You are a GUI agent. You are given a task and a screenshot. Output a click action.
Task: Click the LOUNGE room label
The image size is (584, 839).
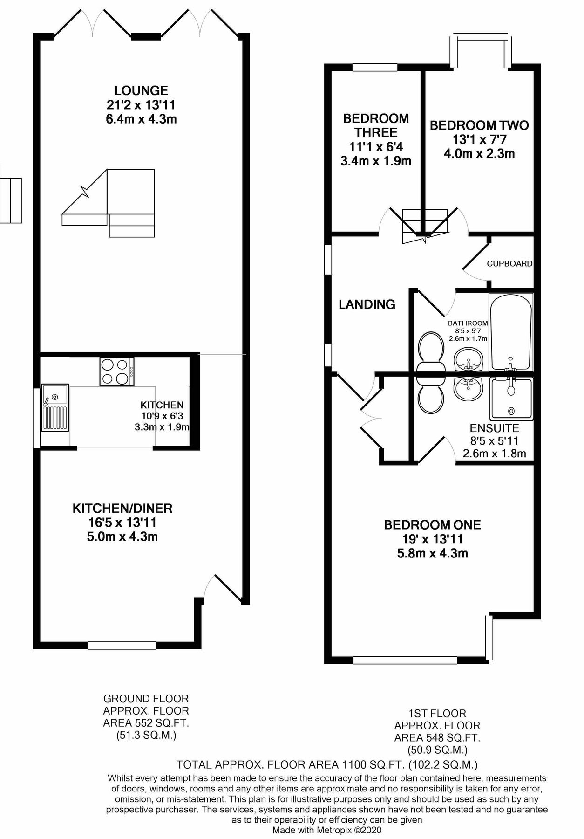pos(141,90)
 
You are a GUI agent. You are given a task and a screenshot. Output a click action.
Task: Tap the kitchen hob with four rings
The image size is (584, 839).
pos(116,371)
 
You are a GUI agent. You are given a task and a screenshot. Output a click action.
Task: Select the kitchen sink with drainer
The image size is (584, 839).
pos(55,407)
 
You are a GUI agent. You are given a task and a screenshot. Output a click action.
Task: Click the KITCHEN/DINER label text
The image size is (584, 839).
pos(122,508)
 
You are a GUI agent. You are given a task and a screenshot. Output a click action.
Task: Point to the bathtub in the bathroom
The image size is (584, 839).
pos(510,331)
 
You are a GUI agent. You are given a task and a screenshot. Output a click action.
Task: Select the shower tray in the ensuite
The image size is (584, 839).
pos(511,399)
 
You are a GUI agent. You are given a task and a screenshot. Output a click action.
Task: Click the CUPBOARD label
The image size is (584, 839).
pos(509,263)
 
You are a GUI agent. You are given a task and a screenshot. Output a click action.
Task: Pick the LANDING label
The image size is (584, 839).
pos(367,304)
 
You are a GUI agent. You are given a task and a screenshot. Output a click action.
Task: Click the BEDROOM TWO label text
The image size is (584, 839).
pos(479,125)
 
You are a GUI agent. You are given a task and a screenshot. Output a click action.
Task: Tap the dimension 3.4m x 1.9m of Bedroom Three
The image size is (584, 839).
pos(376,161)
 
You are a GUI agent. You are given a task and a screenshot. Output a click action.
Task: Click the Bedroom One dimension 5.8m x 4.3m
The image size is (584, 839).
pos(432,553)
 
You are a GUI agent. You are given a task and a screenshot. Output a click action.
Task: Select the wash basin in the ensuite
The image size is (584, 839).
pos(469,388)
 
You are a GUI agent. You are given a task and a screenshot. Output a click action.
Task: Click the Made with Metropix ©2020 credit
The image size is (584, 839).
pos(327,830)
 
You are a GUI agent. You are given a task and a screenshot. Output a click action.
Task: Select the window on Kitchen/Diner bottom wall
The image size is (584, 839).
pos(122,645)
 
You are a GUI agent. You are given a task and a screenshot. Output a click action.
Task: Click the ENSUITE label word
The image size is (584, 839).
pos(494,428)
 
